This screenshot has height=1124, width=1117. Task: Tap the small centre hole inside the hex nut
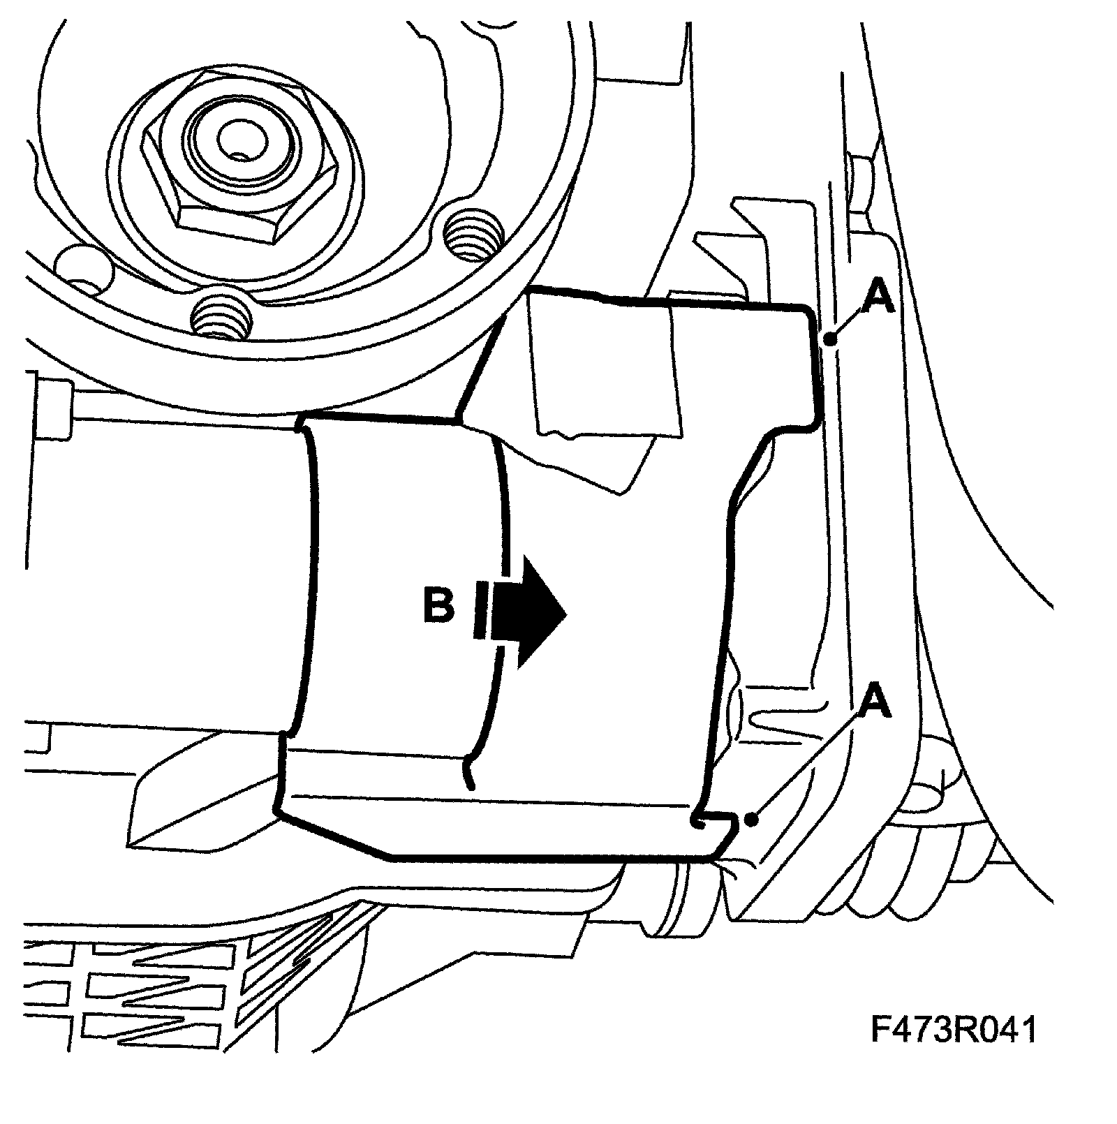(x=235, y=145)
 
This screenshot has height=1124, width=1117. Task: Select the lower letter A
(x=876, y=704)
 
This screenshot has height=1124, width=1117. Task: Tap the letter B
(x=438, y=605)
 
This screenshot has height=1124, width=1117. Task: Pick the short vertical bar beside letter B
(x=480, y=612)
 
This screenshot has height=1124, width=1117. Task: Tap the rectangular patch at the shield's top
(x=604, y=367)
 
